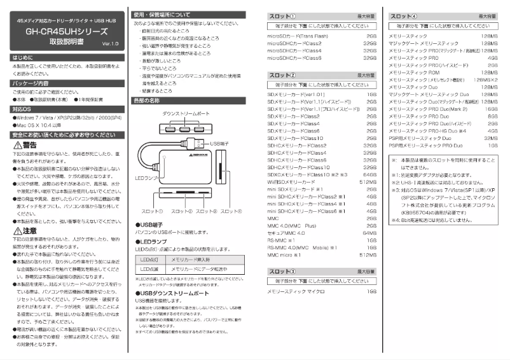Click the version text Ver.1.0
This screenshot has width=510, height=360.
pos(109,43)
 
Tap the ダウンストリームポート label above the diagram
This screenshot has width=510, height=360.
pos(185,113)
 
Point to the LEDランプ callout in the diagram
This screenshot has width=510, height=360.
pos(146,177)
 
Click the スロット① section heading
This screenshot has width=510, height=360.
pos(282,15)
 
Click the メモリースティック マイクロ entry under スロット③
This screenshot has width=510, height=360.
pos(296,291)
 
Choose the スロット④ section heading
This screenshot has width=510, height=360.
pos(403,15)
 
